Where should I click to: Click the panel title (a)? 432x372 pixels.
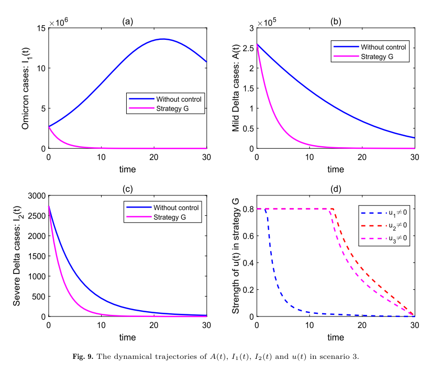click(127, 21)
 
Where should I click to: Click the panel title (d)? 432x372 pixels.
click(336, 189)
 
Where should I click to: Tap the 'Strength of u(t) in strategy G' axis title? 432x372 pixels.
click(236, 256)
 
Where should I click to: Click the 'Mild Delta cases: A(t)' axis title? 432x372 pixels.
click(236, 88)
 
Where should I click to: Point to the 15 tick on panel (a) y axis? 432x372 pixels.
click(41, 27)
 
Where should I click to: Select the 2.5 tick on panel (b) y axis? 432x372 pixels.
click(248, 48)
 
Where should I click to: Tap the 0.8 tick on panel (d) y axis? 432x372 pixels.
click(248, 209)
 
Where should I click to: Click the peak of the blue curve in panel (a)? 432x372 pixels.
click(163, 39)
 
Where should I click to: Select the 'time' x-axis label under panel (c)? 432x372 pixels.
click(127, 336)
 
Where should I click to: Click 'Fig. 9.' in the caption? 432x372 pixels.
click(83, 357)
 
